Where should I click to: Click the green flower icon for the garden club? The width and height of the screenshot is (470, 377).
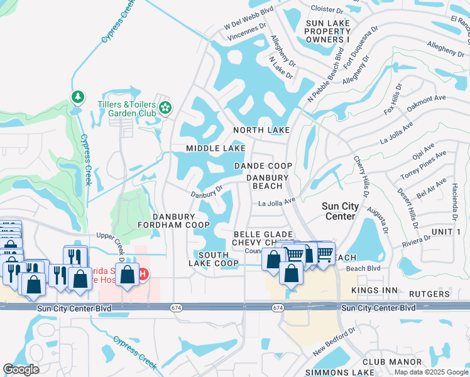click(165, 107)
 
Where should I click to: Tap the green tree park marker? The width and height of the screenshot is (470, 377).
click(77, 97)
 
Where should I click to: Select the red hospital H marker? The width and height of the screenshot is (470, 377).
click(143, 275)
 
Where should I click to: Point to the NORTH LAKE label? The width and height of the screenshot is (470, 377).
click(261, 130)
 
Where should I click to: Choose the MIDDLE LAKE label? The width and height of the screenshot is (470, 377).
click(216, 148)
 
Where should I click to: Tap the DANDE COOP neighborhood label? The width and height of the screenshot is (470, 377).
click(263, 166)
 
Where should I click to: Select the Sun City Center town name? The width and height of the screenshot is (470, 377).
click(340, 211)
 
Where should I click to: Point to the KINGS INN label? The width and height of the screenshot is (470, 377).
click(370, 290)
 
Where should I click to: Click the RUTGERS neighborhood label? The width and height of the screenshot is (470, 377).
click(430, 293)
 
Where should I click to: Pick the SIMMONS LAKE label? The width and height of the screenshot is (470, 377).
click(339, 373)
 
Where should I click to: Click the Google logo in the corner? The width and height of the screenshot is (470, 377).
click(21, 369)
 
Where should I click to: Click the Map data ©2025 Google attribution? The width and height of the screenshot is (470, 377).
click(430, 372)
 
